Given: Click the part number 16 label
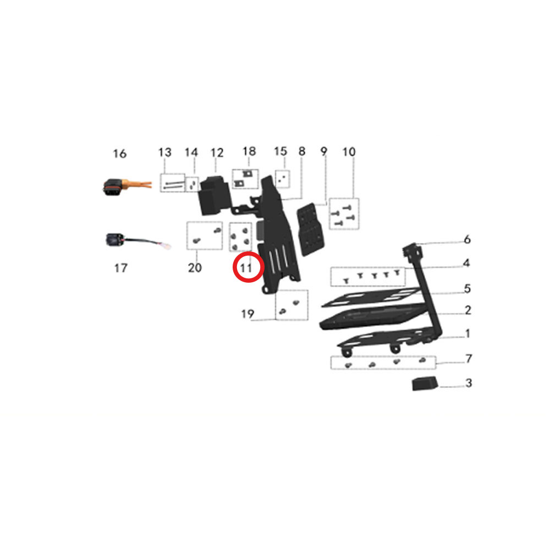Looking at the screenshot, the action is coord(119,153).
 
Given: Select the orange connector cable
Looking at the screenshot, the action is coord(128,186).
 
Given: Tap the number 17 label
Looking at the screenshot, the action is coord(120,268).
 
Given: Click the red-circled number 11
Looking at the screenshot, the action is coord(246,268).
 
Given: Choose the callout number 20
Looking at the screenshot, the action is coord(195,268).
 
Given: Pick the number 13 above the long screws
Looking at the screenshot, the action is coord(164,152).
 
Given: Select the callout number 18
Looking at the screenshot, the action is coord(249,152).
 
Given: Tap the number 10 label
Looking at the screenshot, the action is coord(349,152).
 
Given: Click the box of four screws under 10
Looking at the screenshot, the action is coord(344,213).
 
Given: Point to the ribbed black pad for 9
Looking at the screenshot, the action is coord(310,229).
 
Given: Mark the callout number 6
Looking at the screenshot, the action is coord(467,240).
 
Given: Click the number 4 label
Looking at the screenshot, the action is coord(466,263).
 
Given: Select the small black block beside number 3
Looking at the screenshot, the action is coord(425,383).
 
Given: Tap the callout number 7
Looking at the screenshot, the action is coord(469,359).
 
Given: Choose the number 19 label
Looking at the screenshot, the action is coord(248,314).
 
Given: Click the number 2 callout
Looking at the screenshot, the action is coord(468,310).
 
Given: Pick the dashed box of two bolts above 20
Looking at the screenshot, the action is coord(205,235).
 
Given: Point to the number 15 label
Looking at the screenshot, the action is coord(280,152).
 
